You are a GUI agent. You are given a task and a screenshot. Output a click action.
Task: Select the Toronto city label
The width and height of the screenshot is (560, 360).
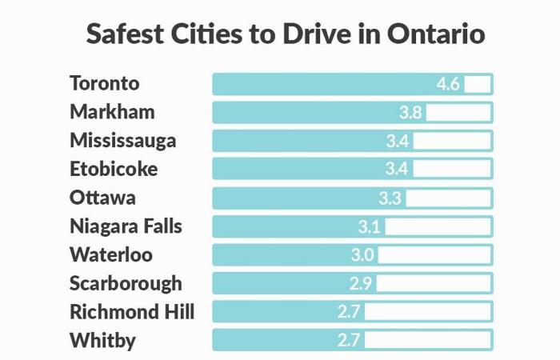point(105,83)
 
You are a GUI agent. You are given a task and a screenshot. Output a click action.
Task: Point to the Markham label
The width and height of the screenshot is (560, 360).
point(112,112)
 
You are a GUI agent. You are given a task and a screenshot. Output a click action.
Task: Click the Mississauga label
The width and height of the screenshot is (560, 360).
point(123,141)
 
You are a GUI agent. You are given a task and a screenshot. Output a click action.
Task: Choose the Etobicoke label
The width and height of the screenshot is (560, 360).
point(114,169)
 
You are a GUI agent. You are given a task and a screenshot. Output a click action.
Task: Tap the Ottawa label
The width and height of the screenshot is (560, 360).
point(102,198)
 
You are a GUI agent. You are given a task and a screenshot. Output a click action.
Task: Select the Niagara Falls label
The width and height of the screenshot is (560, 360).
point(126,226)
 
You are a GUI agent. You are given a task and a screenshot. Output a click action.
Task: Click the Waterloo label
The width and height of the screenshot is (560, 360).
point(110,255)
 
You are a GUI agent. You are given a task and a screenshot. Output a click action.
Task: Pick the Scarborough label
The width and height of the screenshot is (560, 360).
point(126,283)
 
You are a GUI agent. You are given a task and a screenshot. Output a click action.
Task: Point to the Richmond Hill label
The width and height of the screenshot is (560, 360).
point(132,312)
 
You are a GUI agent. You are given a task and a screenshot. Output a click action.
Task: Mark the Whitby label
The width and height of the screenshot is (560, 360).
point(102,341)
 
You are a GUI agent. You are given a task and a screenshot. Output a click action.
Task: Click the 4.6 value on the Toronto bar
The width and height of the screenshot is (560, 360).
point(448,84)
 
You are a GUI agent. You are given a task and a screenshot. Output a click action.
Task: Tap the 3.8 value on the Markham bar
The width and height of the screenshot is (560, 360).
point(410,113)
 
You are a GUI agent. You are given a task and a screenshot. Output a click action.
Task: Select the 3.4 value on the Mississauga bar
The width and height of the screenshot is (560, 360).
point(398,142)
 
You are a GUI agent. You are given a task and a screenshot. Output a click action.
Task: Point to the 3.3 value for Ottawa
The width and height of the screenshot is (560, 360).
point(390,198)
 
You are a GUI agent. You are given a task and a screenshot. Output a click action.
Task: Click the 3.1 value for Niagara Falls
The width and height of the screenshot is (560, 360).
point(370,227)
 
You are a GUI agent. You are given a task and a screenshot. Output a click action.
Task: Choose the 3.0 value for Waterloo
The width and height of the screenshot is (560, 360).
point(362,255)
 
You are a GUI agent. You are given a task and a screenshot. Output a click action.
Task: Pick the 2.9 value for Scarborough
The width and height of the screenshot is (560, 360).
point(361,284)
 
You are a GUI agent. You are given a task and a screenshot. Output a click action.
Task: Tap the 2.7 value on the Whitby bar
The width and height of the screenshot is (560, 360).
point(349,341)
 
